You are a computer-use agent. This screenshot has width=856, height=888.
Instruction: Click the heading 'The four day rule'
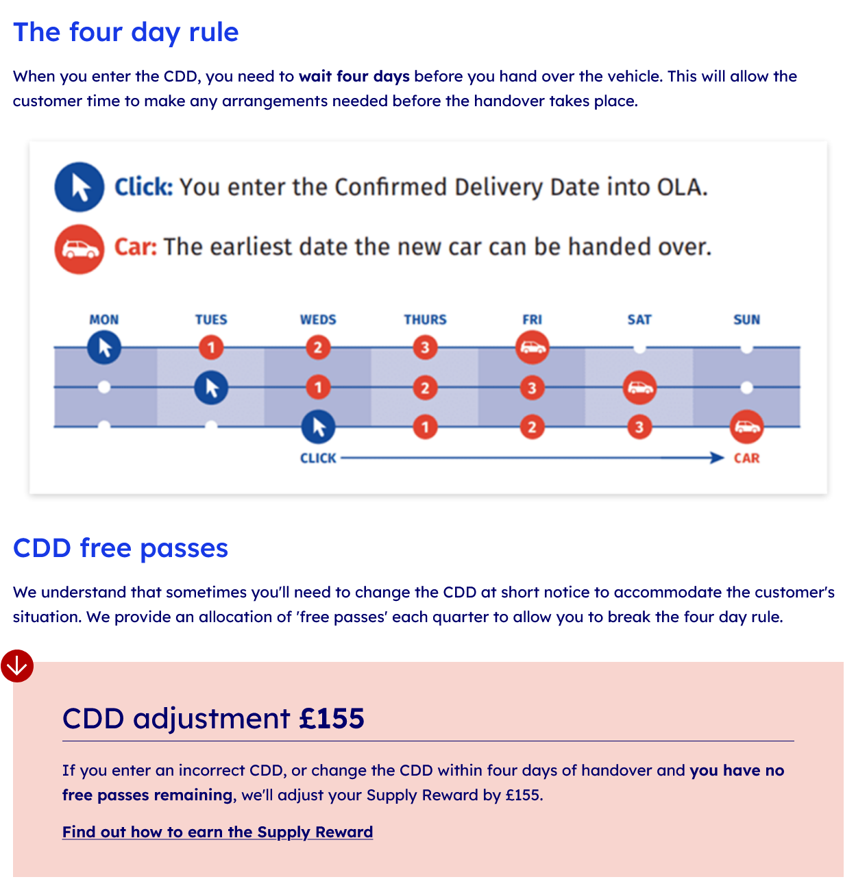pos(126,32)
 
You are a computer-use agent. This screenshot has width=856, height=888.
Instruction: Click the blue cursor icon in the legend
pos(80,187)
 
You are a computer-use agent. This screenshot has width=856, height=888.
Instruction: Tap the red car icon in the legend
pos(80,249)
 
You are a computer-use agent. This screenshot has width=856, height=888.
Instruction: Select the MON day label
pos(104,320)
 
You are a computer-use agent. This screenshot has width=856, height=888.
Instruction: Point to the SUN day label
pos(746,320)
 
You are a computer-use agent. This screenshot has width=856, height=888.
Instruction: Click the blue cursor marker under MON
pos(104,347)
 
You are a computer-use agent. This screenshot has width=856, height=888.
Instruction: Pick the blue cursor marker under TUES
pos(211,388)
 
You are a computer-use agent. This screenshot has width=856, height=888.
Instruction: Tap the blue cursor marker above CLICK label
pos(318,427)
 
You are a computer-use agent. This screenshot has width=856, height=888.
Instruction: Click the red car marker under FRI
pos(533,347)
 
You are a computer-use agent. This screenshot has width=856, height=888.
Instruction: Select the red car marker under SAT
pos(639,388)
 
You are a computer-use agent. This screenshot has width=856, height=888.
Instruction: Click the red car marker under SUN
pos(746,427)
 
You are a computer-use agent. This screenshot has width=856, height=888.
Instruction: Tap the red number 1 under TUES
pos(211,347)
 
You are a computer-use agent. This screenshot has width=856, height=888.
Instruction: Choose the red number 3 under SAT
pos(639,427)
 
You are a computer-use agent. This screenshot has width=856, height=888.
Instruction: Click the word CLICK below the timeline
pos(318,458)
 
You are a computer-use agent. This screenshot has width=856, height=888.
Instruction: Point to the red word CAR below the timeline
pos(746,458)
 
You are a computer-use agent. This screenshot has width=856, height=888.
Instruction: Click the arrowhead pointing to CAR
pos(718,458)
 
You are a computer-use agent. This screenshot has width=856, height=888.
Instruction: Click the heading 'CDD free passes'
pos(121,548)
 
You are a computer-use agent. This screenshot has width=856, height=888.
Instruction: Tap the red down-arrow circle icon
pos(17,666)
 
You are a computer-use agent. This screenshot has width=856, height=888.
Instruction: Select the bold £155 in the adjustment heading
pos(332,719)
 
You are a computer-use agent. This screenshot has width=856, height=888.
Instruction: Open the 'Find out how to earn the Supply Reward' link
pos(217,832)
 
